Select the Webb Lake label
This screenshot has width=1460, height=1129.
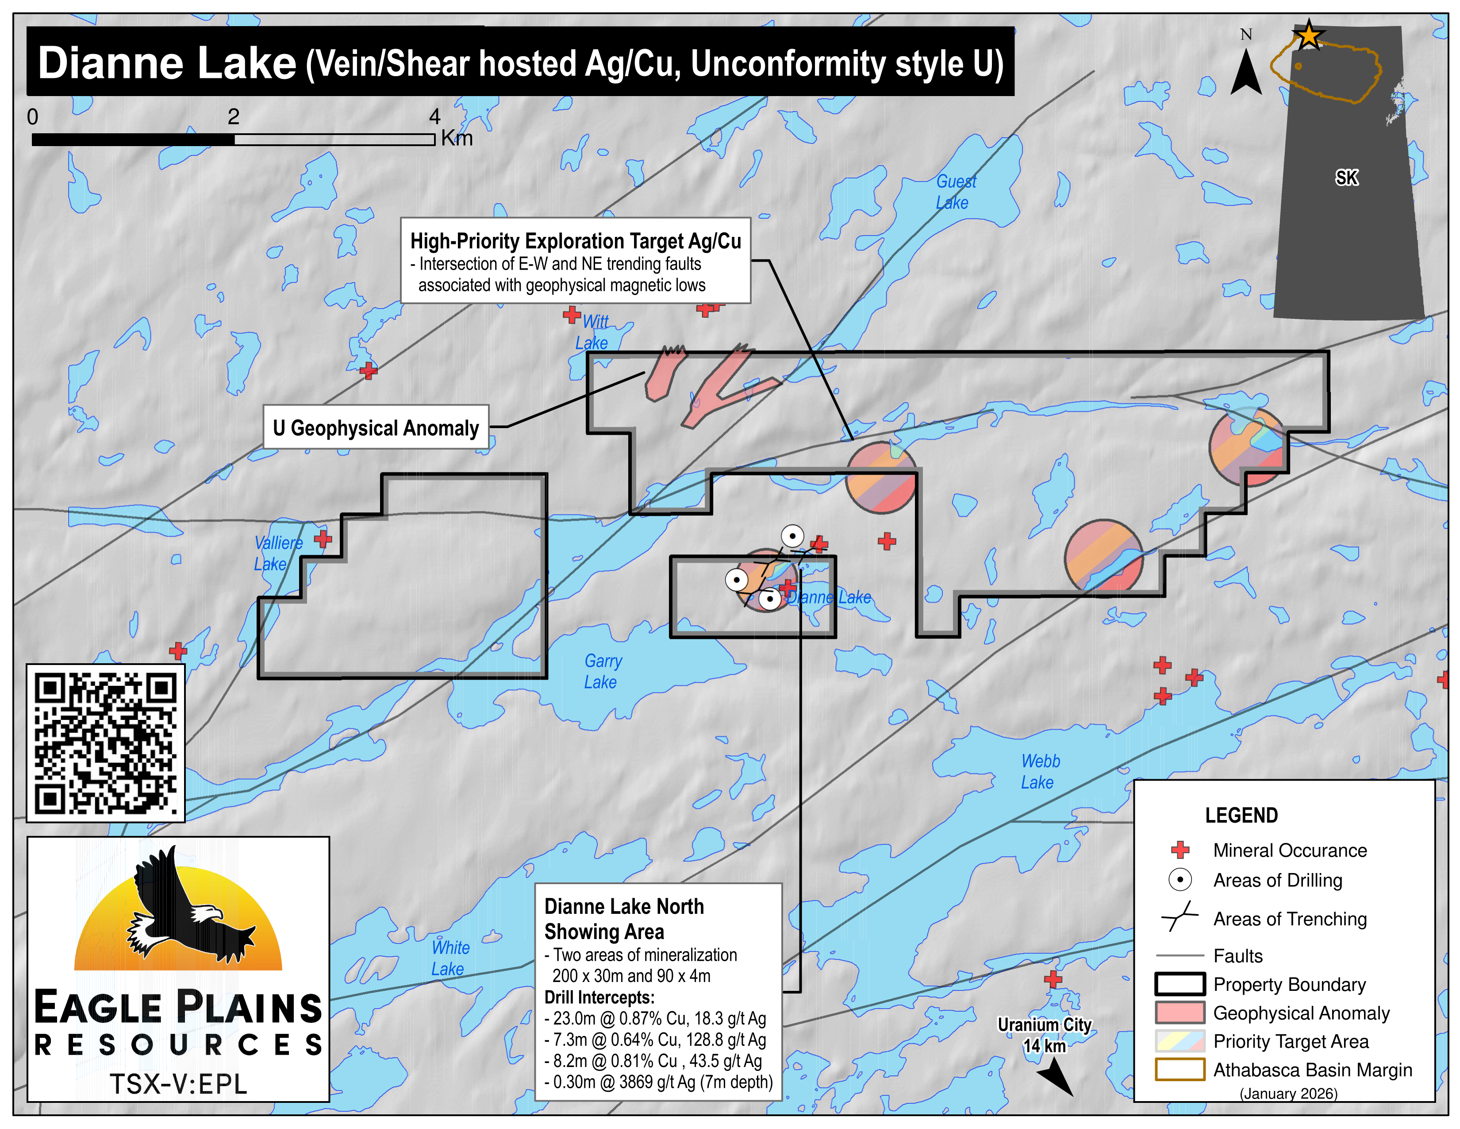(x=1040, y=771)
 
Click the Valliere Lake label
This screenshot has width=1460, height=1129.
(x=277, y=553)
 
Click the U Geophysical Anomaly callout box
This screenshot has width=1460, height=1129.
(x=376, y=427)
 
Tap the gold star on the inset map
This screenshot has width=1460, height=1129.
(x=1308, y=35)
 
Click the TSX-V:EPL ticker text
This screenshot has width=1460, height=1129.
(x=178, y=1083)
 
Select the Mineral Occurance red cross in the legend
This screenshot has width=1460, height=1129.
(x=1180, y=850)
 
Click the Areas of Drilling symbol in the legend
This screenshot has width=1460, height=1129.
(x=1180, y=880)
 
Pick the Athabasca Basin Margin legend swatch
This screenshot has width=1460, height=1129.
(x=1180, y=1070)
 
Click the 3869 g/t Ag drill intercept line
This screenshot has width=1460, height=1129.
(x=658, y=1082)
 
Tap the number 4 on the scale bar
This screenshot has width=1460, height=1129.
(x=434, y=117)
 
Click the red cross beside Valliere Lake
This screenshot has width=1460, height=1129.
(x=323, y=538)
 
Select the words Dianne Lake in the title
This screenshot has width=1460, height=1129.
(x=167, y=64)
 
